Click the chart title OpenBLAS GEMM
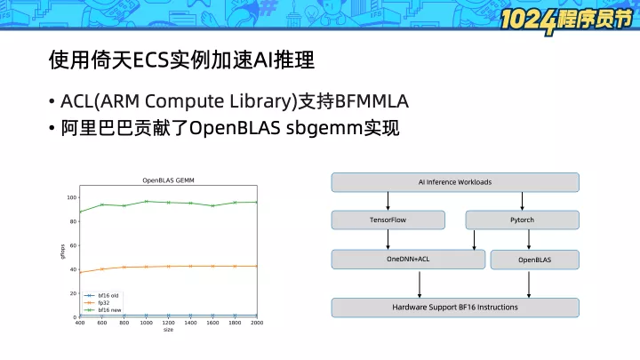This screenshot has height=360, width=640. tap(168, 180)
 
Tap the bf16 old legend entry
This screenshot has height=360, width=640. tap(101, 295)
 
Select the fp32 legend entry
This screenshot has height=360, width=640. tap(97, 302)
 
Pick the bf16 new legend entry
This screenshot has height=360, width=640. tap(102, 310)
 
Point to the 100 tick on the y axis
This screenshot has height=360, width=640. tap(71, 197)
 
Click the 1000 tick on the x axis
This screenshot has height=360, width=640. tap(146, 323)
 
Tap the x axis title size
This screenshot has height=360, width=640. tap(168, 330)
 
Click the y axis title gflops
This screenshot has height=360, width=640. tap(62, 252)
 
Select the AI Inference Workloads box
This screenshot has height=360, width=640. tap(455, 182)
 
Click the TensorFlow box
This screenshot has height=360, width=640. tap(388, 220)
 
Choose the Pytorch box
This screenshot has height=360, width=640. tap(522, 220)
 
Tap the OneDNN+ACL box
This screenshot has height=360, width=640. tap(408, 260)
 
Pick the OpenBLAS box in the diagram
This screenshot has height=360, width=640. tap(535, 260)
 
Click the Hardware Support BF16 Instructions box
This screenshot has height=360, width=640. tap(455, 308)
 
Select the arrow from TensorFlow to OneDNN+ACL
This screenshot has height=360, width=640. tap(388, 240)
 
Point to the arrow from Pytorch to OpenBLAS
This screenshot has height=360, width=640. tap(529, 240)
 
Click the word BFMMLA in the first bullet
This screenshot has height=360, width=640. tap(372, 101)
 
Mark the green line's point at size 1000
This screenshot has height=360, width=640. tap(146, 201)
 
